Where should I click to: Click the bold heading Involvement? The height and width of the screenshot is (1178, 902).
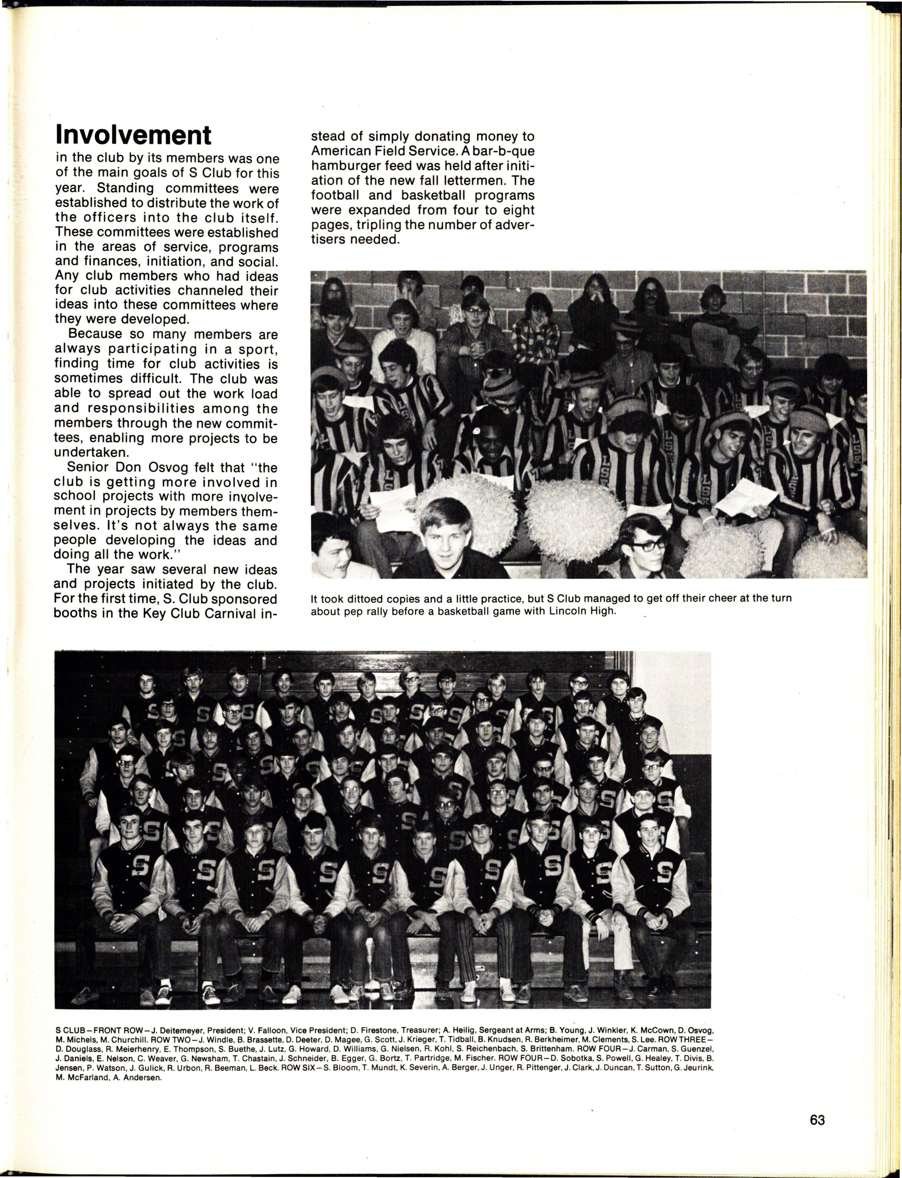[x=133, y=135]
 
